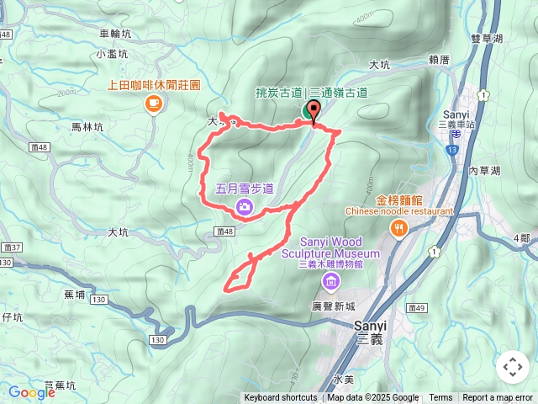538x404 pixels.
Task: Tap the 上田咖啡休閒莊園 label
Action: [x=154, y=85]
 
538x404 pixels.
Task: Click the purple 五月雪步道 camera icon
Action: [x=245, y=205]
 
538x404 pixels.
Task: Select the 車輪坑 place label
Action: [x=114, y=35]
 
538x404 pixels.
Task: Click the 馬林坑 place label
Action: [x=87, y=127]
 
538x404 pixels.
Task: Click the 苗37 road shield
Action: [x=11, y=247]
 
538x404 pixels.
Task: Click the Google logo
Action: [x=31, y=392]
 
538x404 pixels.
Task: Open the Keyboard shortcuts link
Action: [x=281, y=398]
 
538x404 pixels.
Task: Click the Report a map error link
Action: [x=498, y=398]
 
